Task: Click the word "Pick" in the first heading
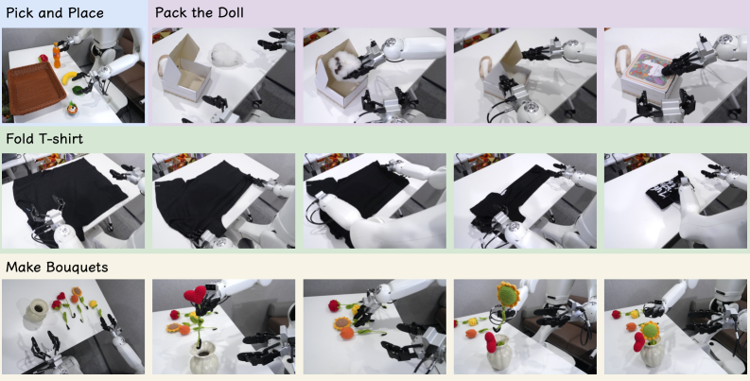(x=17, y=12)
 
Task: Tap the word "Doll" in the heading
(x=232, y=12)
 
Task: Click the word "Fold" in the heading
(x=18, y=139)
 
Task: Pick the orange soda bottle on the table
(x=57, y=56)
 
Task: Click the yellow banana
(x=69, y=77)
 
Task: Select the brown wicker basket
(x=35, y=89)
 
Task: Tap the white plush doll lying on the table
(x=226, y=55)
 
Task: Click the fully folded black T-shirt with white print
(x=665, y=192)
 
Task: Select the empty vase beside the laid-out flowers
(x=36, y=310)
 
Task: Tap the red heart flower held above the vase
(x=195, y=294)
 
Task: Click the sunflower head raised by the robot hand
(x=508, y=293)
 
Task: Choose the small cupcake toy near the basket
(x=72, y=109)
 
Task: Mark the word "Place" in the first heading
(x=88, y=12)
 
